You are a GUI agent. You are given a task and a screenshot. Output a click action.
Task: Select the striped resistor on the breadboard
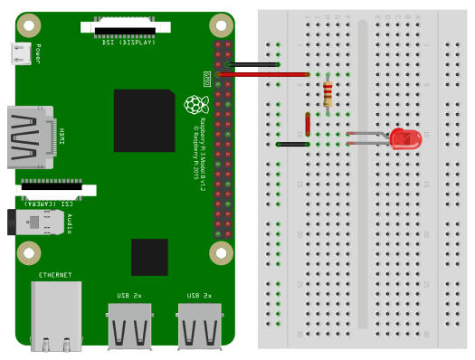(x=328, y=91)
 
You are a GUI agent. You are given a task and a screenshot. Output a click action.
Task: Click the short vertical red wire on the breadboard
(x=309, y=124)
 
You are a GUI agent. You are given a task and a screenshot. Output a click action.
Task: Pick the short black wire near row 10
(x=294, y=144)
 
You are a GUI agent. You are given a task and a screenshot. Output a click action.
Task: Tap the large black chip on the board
(x=144, y=119)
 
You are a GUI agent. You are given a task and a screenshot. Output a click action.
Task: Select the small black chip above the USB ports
(x=149, y=257)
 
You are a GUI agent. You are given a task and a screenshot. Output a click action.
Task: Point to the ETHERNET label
(x=55, y=274)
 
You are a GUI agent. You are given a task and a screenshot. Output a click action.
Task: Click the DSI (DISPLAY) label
(x=129, y=42)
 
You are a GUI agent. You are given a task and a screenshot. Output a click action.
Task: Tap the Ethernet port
(x=55, y=316)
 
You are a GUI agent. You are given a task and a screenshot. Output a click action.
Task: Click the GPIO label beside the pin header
(x=206, y=80)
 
